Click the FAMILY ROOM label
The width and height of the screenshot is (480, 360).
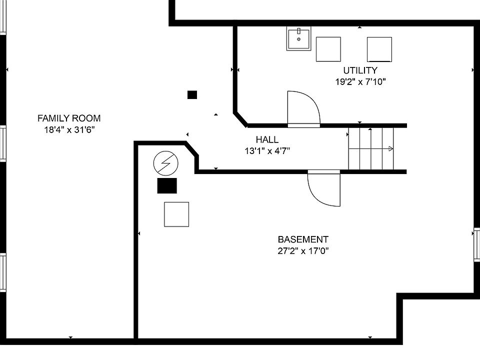69,118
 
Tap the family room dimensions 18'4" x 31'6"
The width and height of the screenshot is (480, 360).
69,130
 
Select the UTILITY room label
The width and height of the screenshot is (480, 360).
360,70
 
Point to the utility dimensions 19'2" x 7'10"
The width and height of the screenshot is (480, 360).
360,82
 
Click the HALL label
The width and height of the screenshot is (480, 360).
267,139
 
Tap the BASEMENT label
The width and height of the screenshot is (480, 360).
303,239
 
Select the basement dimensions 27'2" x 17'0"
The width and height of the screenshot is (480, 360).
303,251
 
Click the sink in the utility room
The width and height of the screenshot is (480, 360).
299,39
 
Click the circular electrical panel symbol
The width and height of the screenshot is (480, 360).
165,163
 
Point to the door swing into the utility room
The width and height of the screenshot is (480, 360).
303,108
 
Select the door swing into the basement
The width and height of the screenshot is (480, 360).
323,188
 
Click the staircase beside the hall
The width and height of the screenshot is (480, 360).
371,148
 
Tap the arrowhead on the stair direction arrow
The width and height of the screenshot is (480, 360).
391,148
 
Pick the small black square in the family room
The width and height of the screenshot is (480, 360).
192,94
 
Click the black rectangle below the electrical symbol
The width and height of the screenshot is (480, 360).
167,185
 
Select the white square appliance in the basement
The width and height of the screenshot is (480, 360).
176,214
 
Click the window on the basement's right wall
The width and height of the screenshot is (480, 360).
476,244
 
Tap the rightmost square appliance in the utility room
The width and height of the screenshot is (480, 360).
379,49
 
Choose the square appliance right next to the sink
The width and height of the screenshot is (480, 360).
328,49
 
